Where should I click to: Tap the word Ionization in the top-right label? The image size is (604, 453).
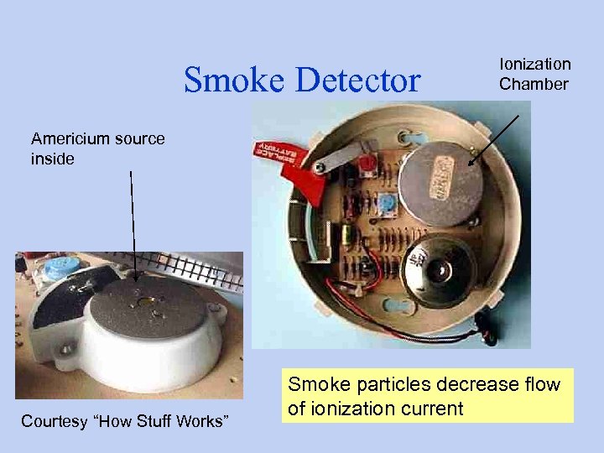tap(535, 64)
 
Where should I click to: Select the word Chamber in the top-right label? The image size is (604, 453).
tap(534, 83)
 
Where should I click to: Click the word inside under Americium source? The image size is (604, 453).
tap(52, 158)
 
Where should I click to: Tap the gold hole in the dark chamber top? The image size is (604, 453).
tap(148, 300)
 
